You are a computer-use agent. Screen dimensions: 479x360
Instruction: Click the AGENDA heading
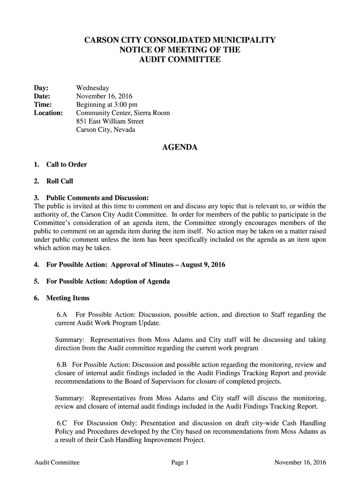180,148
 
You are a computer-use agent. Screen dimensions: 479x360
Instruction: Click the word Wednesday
93,88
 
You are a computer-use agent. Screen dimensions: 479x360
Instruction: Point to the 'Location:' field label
49,113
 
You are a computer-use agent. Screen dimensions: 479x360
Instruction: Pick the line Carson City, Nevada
106,130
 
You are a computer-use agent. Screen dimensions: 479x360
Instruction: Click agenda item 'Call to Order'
66,165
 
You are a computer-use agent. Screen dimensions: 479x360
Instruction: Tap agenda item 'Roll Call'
59,181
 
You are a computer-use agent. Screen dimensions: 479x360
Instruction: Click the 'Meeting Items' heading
67,298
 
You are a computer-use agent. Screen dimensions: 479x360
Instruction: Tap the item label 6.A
63,315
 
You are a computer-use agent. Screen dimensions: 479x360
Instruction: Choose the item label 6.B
63,365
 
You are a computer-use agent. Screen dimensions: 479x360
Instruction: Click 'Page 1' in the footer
180,463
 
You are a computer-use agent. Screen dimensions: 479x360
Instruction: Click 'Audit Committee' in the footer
57,463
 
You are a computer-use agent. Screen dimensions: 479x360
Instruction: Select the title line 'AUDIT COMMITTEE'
180,60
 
